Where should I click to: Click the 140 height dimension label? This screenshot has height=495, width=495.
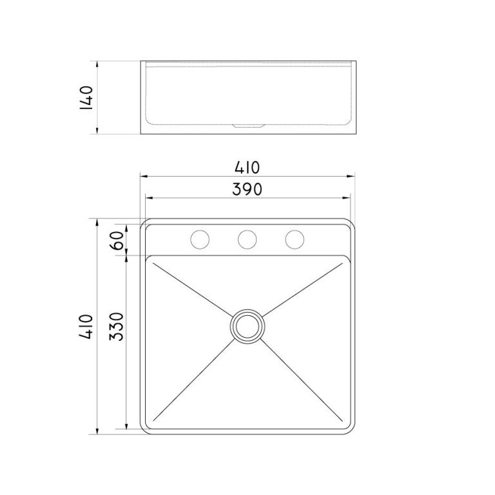click(x=86, y=97)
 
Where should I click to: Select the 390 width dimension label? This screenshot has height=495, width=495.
click(x=247, y=189)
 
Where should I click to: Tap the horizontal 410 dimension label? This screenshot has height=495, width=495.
click(x=247, y=168)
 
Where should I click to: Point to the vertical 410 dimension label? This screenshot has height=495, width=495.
click(x=86, y=326)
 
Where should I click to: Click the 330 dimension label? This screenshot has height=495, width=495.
click(x=116, y=326)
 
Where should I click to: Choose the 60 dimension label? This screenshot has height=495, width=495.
click(x=117, y=240)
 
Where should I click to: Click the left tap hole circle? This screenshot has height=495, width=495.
click(x=200, y=239)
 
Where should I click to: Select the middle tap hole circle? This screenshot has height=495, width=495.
click(x=247, y=239)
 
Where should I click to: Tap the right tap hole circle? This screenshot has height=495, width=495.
click(x=295, y=239)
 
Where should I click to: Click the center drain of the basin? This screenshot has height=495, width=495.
click(x=247, y=326)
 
